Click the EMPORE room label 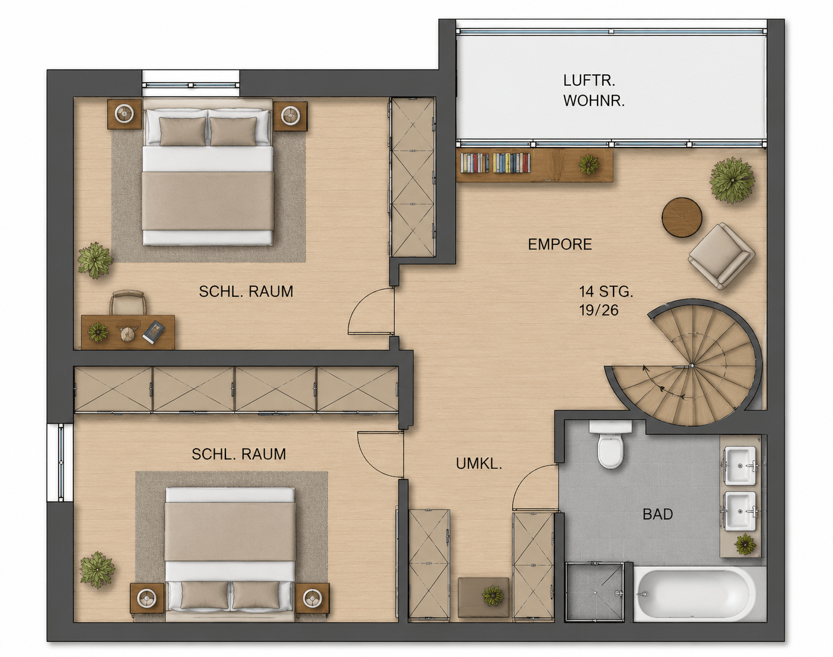560,244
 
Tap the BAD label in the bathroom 658,514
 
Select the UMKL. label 479,464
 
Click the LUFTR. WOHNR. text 594,91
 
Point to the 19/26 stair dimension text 599,310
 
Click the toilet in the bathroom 611,444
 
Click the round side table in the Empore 681,218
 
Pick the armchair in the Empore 722,256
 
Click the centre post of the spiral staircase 691,365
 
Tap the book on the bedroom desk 153,332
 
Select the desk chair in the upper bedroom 128,303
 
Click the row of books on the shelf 496,163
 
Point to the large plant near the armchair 732,180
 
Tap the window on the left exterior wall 61,462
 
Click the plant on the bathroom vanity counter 746,544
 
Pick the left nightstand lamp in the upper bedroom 124,114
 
